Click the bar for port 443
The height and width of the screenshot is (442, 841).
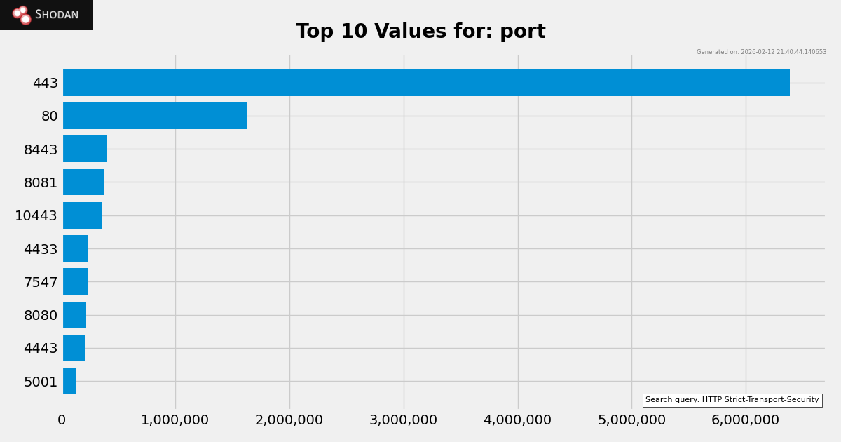pyautogui.click(x=426, y=83)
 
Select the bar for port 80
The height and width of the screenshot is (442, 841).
pyautogui.click(x=155, y=116)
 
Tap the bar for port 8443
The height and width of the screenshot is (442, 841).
pyautogui.click(x=85, y=149)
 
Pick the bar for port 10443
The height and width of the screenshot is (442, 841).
pyautogui.click(x=83, y=215)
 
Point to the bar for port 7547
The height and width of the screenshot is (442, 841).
pyautogui.click(x=75, y=281)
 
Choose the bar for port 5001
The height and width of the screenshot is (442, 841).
pyautogui.click(x=69, y=381)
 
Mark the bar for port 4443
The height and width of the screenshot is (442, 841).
pyautogui.click(x=74, y=348)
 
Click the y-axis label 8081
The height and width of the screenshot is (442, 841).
pyautogui.click(x=41, y=182)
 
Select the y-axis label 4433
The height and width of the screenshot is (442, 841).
pyautogui.click(x=41, y=249)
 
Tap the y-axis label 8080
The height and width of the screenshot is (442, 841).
pyautogui.click(x=41, y=315)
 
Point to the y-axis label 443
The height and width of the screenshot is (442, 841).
pyautogui.click(x=45, y=83)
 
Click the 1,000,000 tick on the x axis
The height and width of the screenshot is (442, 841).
pyautogui.click(x=175, y=420)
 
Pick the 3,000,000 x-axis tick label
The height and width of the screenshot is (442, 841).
pyautogui.click(x=403, y=420)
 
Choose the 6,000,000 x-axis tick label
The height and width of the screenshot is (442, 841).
pyautogui.click(x=745, y=420)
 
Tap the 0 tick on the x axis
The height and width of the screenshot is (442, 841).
pyautogui.click(x=62, y=420)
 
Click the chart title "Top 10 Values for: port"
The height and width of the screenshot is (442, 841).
pyautogui.click(x=420, y=32)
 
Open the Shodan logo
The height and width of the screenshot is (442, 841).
pyautogui.click(x=46, y=15)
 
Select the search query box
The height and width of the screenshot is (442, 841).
pyautogui.click(x=732, y=400)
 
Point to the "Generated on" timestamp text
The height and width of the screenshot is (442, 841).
pyautogui.click(x=761, y=52)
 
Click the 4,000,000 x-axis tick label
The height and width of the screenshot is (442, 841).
pyautogui.click(x=517, y=420)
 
